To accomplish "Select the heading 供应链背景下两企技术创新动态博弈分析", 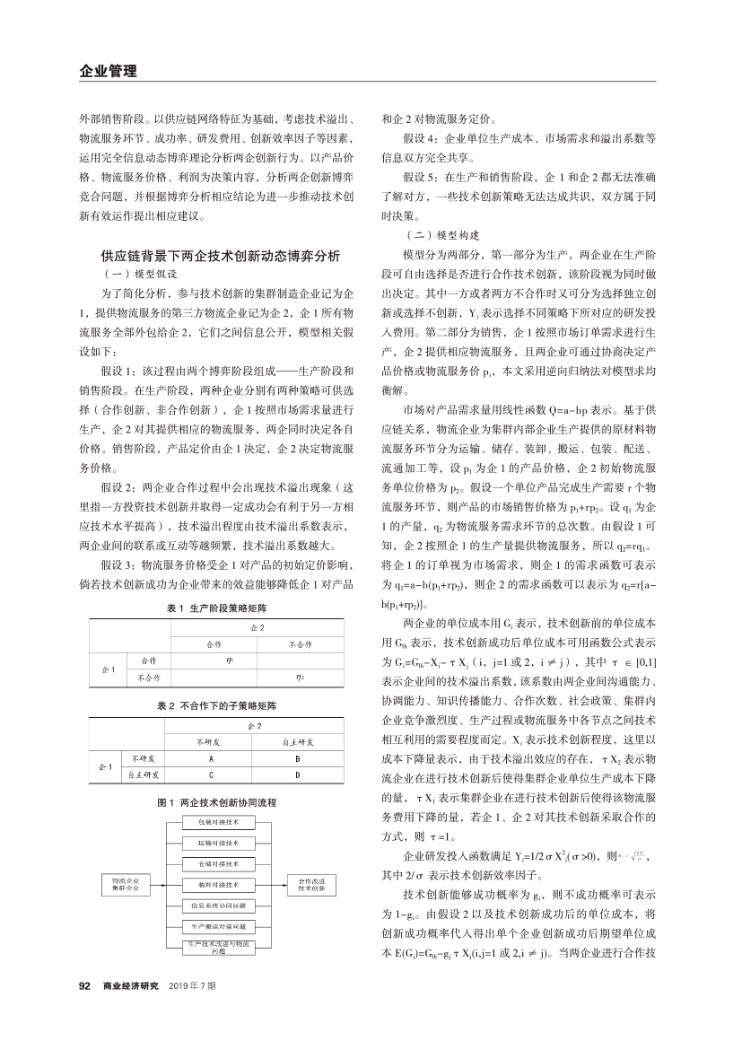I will (x=220, y=256).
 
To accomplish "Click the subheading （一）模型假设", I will (x=142, y=273).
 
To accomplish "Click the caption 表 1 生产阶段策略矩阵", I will (x=220, y=608).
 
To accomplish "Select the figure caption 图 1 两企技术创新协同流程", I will (x=220, y=800).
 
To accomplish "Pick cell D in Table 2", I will (x=297, y=774).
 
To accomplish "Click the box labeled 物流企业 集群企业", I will (x=126, y=885).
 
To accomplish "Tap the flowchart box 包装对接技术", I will (x=218, y=822).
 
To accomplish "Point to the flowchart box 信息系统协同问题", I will (x=218, y=905).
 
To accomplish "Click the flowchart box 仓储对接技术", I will (x=218, y=863).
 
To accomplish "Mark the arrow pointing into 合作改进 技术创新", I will (x=279, y=885).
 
